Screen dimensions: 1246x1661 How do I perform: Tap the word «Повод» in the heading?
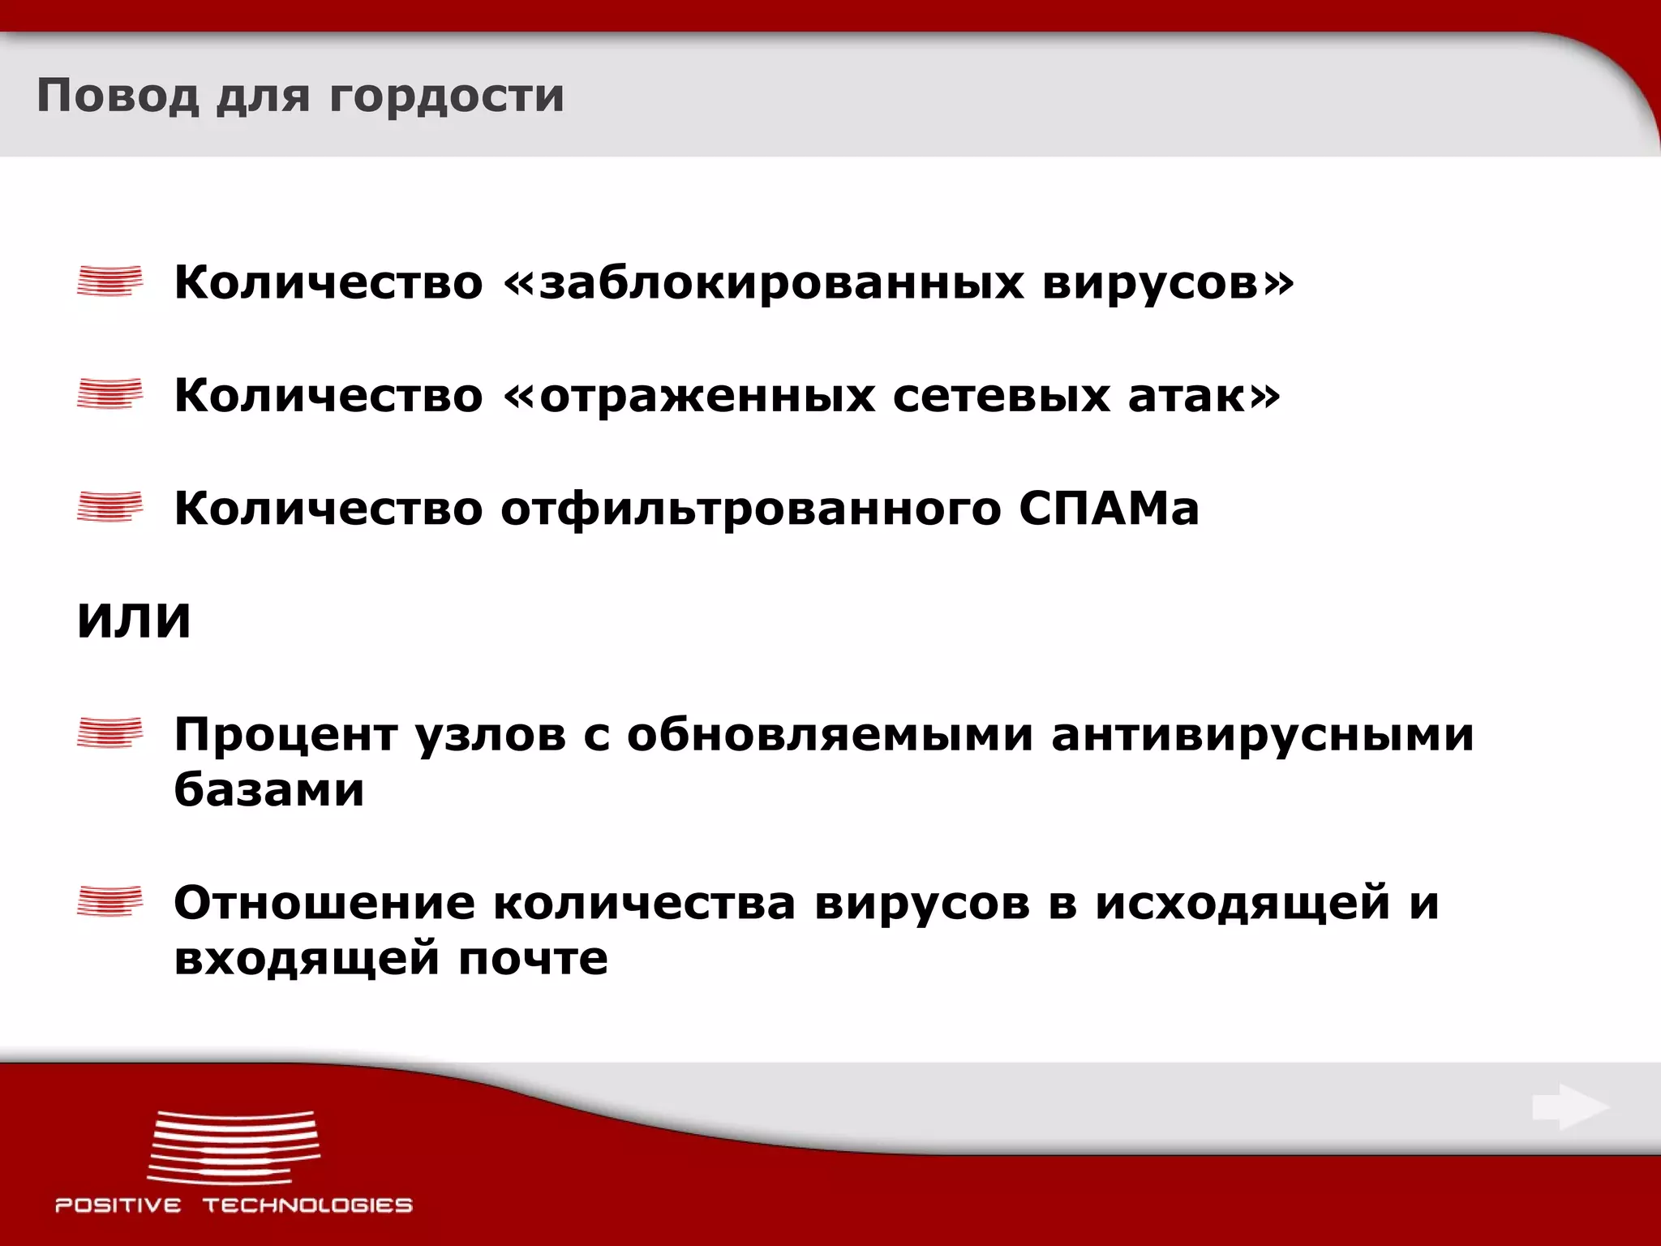118,96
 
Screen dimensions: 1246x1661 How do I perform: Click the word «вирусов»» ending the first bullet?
1168,283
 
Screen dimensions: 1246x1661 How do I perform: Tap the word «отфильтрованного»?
751,510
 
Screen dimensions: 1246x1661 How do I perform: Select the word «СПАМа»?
1109,509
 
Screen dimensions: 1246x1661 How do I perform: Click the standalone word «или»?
134,621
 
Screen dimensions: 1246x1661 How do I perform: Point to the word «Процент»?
285,735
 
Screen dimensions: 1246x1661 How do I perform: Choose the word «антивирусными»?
1262,735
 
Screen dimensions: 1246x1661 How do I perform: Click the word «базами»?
269,789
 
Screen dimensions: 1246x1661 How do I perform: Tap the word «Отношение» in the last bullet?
324,903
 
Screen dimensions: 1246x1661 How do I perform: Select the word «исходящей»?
1243,904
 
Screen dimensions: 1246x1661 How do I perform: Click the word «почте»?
533,959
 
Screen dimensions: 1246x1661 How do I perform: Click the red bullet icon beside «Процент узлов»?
109,733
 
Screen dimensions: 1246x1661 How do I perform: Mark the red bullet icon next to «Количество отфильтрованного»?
109,507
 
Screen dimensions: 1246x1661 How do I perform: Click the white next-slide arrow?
1570,1106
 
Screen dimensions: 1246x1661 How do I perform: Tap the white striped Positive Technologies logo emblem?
234,1147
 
